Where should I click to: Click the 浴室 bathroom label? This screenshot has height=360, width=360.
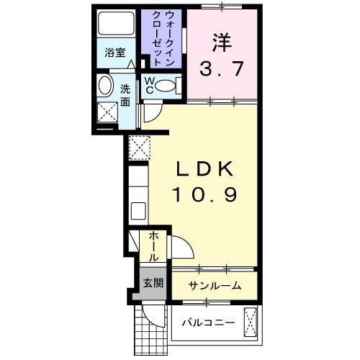[114, 52]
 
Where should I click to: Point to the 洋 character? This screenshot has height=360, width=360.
[222, 42]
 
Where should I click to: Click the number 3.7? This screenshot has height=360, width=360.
[222, 70]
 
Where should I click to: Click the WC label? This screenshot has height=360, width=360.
[149, 86]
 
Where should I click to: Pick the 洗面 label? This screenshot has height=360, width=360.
[125, 96]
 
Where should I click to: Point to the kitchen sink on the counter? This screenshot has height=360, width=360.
[138, 211]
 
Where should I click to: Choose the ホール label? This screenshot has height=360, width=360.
[154, 246]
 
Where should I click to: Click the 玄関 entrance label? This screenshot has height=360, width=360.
[151, 283]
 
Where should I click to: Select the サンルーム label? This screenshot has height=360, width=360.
[215, 286]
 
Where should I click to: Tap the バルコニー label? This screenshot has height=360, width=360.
[207, 322]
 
